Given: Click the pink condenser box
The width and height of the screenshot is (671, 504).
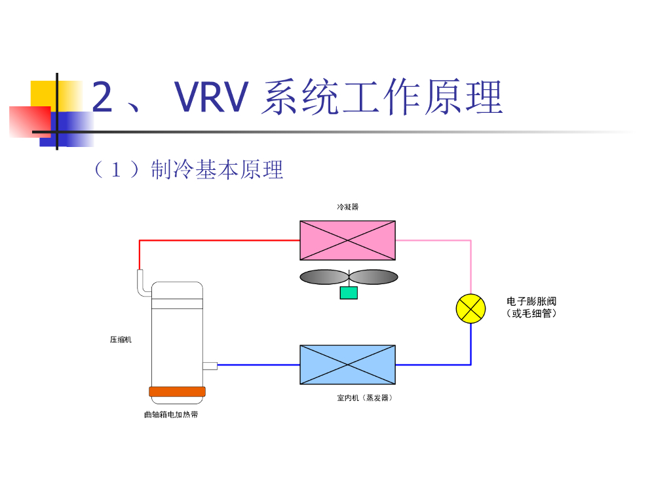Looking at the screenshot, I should point(347,240).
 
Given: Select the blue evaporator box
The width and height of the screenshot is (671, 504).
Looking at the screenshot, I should point(347,364).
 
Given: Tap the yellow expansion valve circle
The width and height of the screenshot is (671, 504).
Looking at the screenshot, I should point(470,308).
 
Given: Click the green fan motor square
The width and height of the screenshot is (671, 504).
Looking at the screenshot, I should point(349,293).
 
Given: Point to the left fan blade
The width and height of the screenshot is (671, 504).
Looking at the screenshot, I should point(323,277).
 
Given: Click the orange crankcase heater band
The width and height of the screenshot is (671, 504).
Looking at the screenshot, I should point(177,392).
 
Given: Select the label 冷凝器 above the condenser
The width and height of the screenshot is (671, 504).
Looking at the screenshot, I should point(348,207).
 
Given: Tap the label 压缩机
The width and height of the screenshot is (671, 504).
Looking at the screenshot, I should point(121,340).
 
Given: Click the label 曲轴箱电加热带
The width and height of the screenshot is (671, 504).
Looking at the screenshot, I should point(171,415).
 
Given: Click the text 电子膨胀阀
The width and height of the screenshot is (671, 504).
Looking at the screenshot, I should point(531,301).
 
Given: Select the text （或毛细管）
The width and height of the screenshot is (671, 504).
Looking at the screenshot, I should point(531,314).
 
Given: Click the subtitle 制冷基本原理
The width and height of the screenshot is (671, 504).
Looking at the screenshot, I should point(217,170).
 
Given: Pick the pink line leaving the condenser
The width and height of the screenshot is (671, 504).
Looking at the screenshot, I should point(432,240).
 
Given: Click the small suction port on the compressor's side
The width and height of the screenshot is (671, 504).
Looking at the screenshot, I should point(210,365).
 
